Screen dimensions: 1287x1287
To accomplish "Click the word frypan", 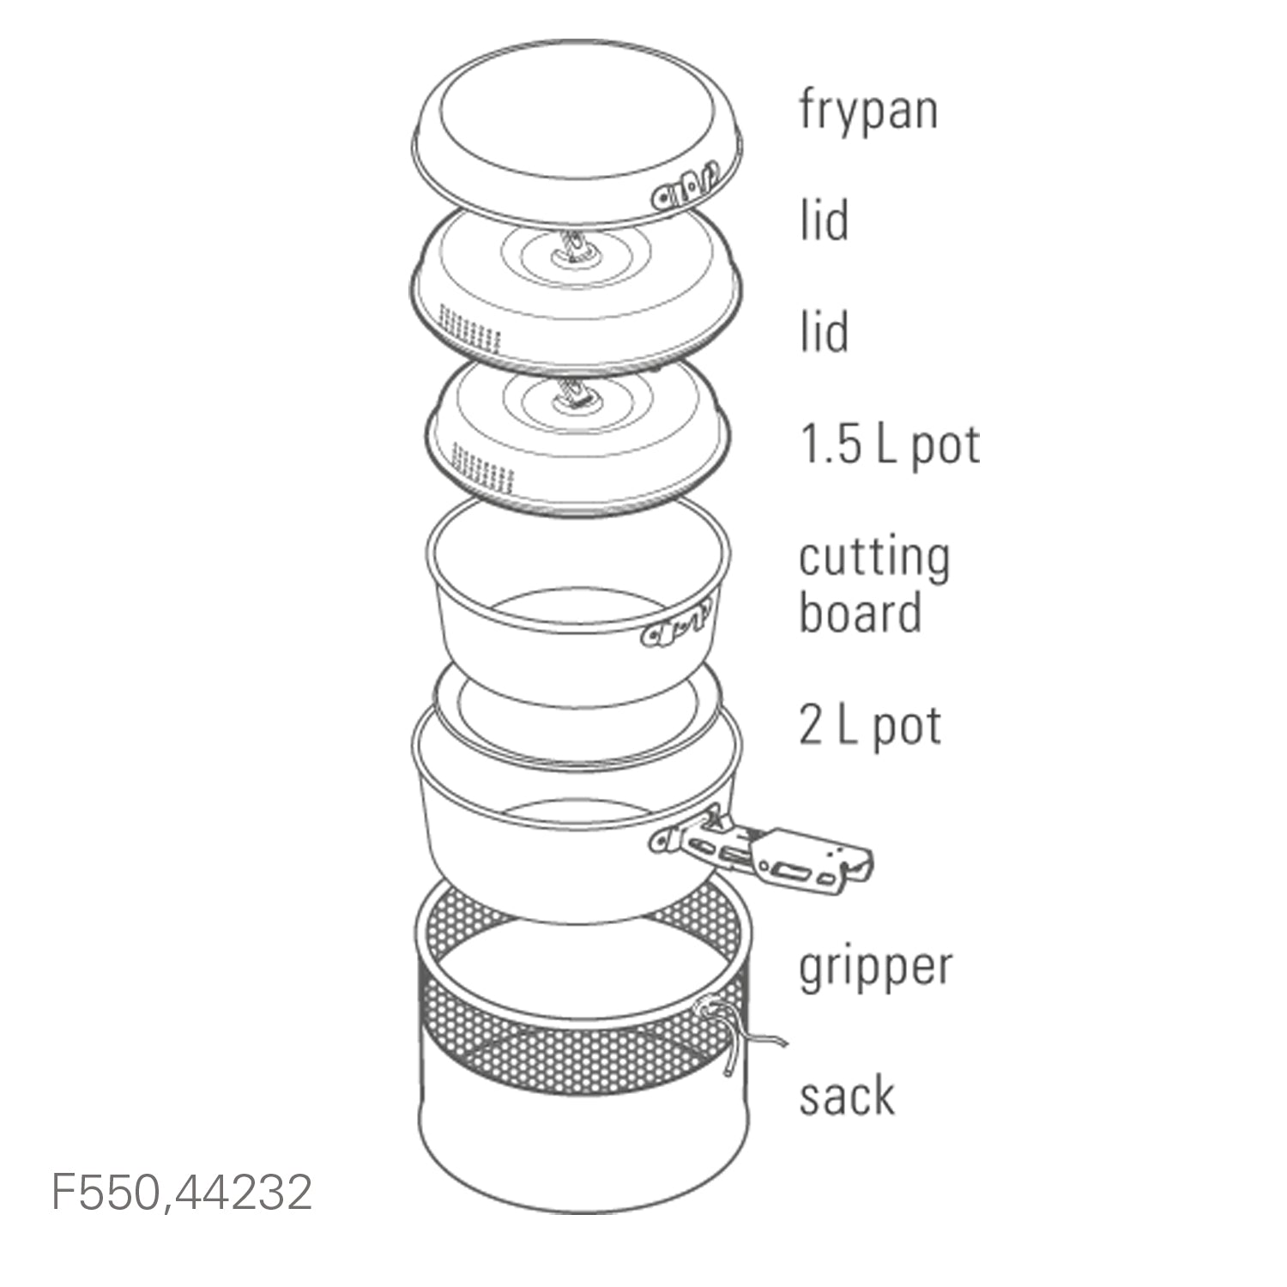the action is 868,111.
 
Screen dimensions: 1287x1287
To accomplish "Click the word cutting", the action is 874,558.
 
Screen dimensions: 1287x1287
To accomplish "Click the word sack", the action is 847,1095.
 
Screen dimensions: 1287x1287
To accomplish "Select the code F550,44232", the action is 183,1192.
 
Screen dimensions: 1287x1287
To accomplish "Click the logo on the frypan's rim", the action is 683,186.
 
